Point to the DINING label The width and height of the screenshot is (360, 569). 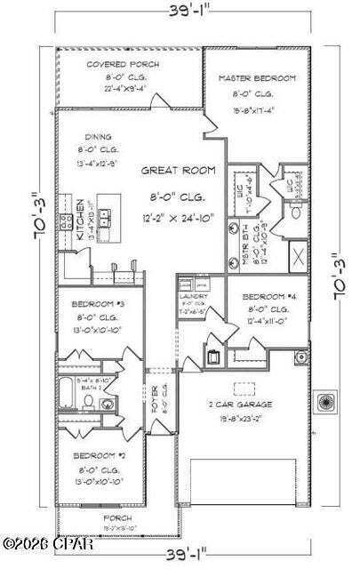99,137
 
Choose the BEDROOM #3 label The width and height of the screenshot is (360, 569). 98,304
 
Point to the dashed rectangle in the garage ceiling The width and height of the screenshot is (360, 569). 243,388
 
